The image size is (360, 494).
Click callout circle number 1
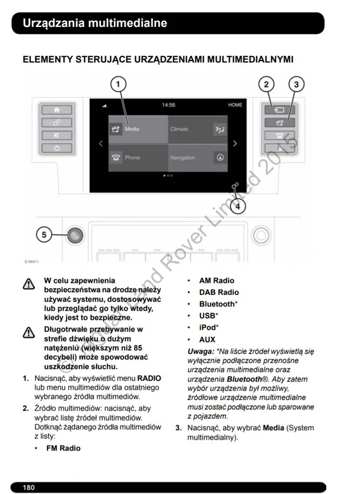click(x=119, y=84)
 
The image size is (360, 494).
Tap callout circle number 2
click(x=267, y=84)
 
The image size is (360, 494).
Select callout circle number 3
click(x=296, y=84)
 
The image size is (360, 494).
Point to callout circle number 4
click(x=238, y=206)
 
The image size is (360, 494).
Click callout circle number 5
click(x=43, y=235)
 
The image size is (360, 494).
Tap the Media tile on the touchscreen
click(x=138, y=129)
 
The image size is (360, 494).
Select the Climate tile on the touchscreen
click(x=198, y=129)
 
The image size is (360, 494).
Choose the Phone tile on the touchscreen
click(x=138, y=158)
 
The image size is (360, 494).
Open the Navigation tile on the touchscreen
click(x=198, y=158)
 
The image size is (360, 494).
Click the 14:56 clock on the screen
click(x=168, y=105)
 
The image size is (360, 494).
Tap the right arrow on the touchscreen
click(x=235, y=144)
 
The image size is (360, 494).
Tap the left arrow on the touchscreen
click(x=101, y=144)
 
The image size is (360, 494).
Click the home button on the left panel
click(x=56, y=110)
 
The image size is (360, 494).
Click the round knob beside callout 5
click(x=75, y=235)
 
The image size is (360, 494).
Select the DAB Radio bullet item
click(x=219, y=293)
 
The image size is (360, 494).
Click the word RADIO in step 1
click(x=149, y=378)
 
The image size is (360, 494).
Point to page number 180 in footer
click(x=29, y=487)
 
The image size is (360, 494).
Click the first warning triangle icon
click(x=29, y=284)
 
